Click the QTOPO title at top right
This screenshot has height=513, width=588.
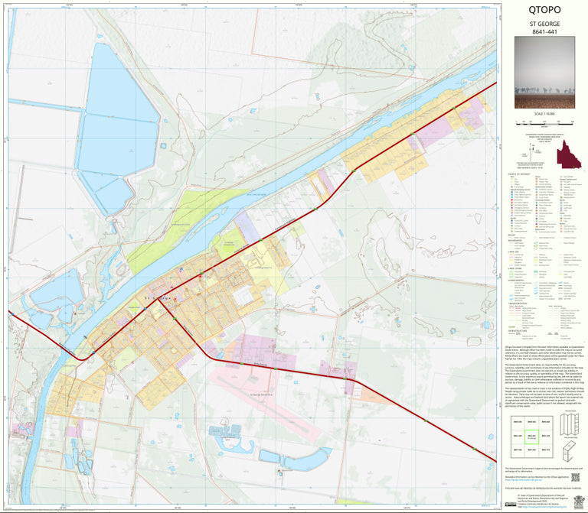coord(544,11)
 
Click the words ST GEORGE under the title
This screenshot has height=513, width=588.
coord(544,24)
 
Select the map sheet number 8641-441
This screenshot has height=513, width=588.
coord(544,34)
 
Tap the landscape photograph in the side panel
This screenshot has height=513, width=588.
coord(544,76)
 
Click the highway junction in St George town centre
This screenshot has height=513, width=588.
coord(158,300)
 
